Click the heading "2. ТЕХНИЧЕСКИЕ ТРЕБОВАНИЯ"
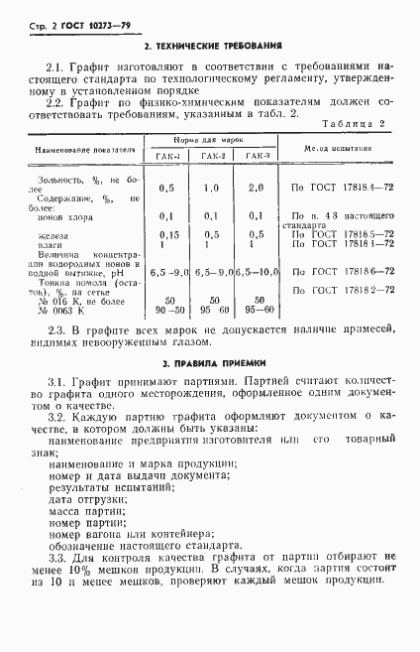click(x=213, y=46)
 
